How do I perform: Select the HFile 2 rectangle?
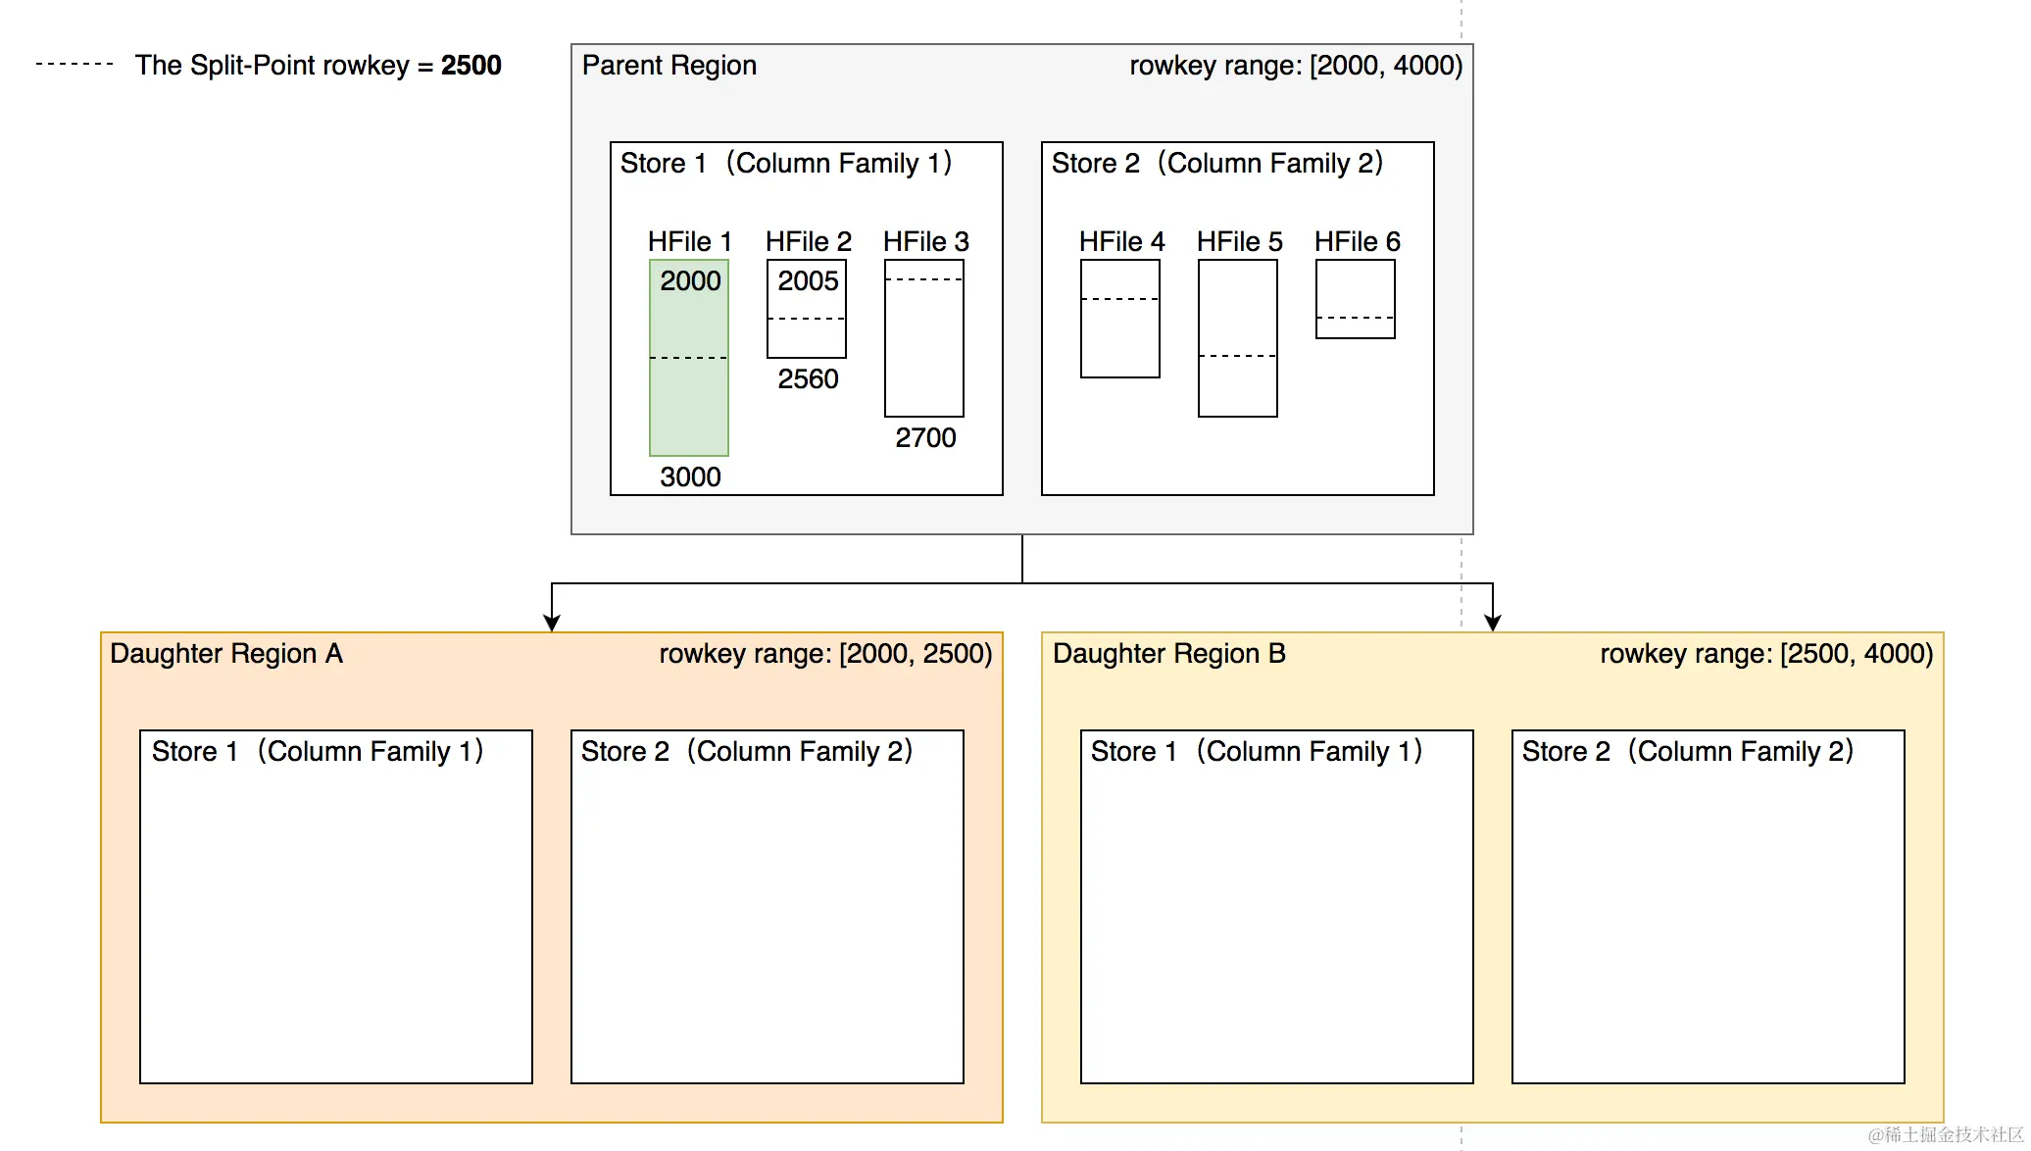point(807,338)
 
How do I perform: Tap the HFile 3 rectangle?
point(924,348)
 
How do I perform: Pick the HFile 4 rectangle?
point(1120,338)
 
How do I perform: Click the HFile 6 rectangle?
point(1356,289)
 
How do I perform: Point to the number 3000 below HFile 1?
point(690,477)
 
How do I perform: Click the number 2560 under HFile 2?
point(808,379)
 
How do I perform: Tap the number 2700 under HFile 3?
point(925,438)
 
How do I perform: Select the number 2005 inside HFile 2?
point(808,281)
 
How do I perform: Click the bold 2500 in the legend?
point(471,66)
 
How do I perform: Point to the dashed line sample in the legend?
point(74,64)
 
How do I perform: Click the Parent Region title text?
point(669,66)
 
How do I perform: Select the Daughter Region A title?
point(226,654)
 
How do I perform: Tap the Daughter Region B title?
point(1168,654)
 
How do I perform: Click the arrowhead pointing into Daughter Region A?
point(552,623)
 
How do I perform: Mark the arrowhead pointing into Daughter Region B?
point(1493,623)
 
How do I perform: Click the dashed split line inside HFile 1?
point(689,358)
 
